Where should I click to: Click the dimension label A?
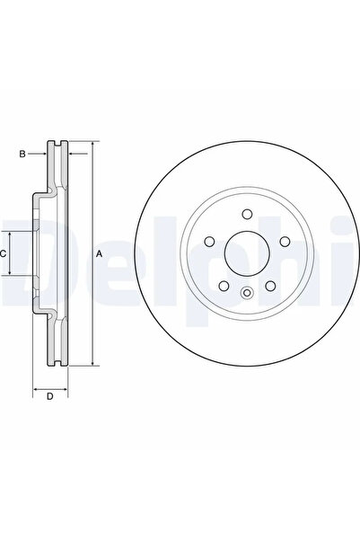[100, 254]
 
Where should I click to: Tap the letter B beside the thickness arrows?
[22, 155]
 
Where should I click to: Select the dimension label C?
[4, 254]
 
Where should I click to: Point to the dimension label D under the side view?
[50, 396]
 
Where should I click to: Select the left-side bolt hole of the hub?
[208, 242]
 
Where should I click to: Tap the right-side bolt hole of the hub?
[284, 242]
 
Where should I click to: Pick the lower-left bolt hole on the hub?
[223, 284]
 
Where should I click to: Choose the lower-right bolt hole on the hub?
[269, 284]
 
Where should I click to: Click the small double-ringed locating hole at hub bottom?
[246, 290]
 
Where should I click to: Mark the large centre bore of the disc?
[246, 254]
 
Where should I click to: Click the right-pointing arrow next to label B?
[40, 155]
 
